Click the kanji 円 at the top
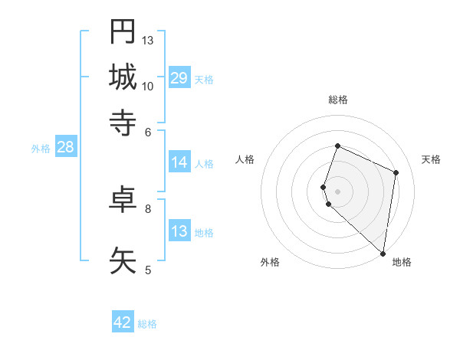pos(123,31)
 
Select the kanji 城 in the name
pos(123,77)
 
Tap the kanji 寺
pos(123,122)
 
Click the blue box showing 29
pos(179,78)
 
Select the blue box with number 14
pos(179,162)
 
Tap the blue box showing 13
pos(179,231)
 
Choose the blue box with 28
pos(65,148)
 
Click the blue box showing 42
pos(123,322)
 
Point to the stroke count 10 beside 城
pos(148,86)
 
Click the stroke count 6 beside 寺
pos(148,131)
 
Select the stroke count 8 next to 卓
pos(148,208)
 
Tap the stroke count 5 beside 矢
pos(148,269)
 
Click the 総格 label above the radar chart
pos(338,100)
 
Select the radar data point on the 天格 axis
pos(396,172)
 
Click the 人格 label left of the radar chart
pos(245,159)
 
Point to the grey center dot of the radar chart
pos(338,191)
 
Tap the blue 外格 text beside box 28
pos(40,149)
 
